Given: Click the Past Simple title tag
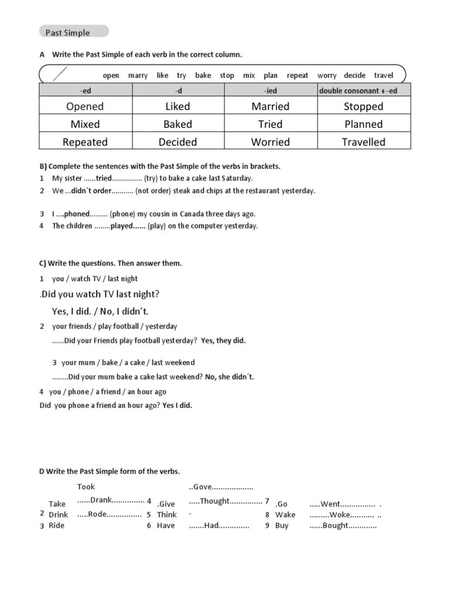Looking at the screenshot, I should (x=73, y=32).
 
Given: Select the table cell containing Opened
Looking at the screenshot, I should (x=85, y=106).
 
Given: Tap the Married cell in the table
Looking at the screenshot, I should (x=270, y=106).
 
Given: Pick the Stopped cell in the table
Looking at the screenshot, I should (x=363, y=106).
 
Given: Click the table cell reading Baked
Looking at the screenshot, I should (x=178, y=124).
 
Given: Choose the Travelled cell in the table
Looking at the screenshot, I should (x=363, y=142).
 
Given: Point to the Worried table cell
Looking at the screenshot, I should (x=270, y=142).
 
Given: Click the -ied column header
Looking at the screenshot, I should (x=270, y=91).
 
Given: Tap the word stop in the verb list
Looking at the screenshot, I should (x=227, y=76).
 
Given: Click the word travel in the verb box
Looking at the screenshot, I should (x=384, y=76).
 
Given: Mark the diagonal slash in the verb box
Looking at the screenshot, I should (x=60, y=74).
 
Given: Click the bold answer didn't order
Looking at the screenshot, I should (x=91, y=190).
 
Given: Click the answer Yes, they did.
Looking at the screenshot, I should (x=223, y=340).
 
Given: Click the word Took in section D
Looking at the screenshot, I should (x=86, y=486).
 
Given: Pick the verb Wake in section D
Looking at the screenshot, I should (x=285, y=515).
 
